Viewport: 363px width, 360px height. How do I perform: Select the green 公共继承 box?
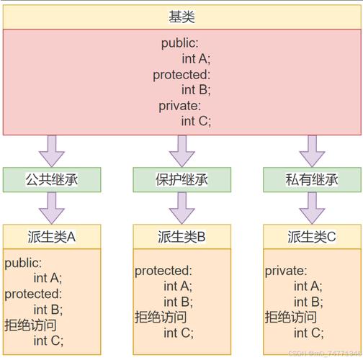[51, 180]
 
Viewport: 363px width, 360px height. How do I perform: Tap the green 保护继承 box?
[181, 180]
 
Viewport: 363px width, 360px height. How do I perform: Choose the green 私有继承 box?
[312, 180]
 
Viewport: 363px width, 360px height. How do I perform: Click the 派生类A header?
[51, 236]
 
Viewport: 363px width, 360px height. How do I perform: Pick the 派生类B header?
[181, 236]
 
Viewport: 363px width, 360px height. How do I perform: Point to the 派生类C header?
[312, 236]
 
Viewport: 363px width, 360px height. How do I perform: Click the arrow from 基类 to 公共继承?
[51, 150]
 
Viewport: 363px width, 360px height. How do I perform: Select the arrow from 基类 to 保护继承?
[181, 150]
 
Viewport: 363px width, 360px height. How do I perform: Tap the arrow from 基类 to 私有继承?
[312, 150]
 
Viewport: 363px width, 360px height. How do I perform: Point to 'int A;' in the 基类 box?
[196, 58]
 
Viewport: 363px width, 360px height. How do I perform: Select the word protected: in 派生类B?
[163, 271]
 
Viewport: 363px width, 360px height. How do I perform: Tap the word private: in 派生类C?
[286, 271]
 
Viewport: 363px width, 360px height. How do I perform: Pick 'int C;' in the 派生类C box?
[308, 333]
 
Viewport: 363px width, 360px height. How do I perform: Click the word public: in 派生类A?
[23, 263]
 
